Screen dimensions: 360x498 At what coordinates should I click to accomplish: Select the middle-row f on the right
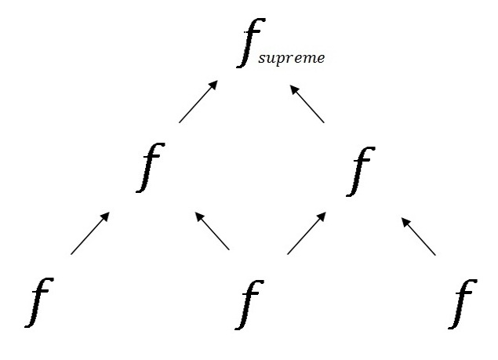pos(360,168)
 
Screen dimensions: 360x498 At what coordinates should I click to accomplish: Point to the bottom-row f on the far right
pos(466,304)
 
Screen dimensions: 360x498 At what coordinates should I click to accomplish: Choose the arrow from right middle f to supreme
pos(307,103)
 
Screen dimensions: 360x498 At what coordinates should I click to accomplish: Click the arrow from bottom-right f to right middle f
pos(419,236)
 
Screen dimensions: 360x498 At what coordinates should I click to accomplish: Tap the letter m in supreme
pos(309,59)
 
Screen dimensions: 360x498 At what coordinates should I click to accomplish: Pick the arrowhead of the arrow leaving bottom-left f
pos(106,217)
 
